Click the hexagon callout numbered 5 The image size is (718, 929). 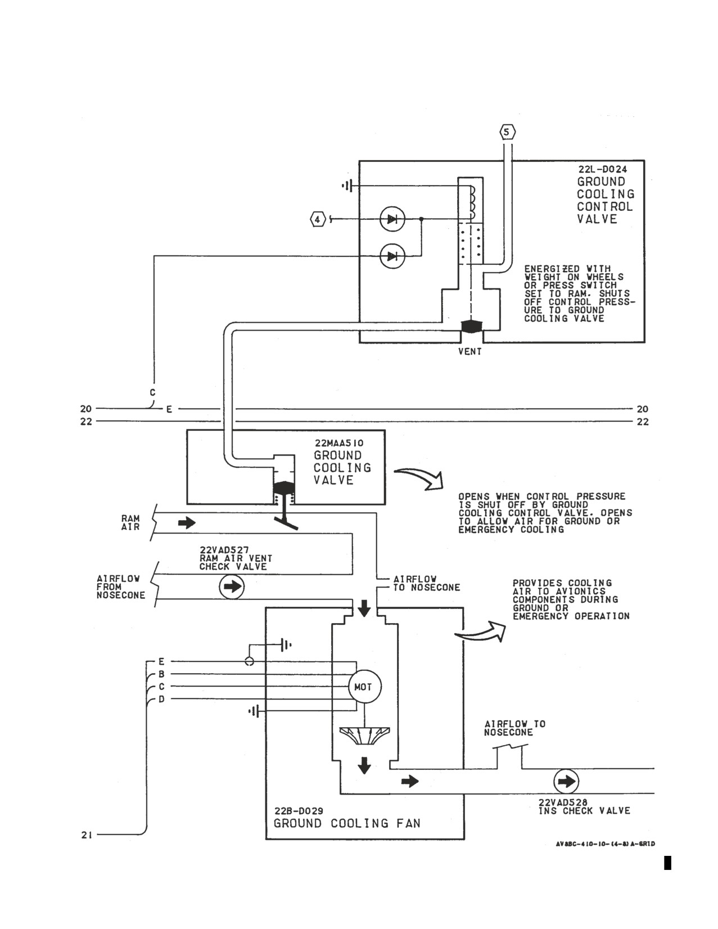coord(507,133)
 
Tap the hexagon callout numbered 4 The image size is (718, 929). coord(317,220)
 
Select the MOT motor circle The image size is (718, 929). coord(363,687)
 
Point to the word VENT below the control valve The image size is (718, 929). coord(470,351)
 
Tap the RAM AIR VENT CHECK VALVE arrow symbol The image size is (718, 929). coord(232,587)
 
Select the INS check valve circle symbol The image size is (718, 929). coord(566,782)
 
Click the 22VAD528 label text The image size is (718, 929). coord(563,803)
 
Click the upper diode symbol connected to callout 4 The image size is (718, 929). coord(392,220)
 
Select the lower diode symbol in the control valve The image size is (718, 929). coord(392,256)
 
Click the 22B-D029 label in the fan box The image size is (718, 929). coord(299,811)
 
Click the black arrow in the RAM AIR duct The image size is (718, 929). coord(187,523)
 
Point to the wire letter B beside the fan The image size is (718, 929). coord(161,675)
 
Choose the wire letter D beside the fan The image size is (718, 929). coord(161,700)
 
